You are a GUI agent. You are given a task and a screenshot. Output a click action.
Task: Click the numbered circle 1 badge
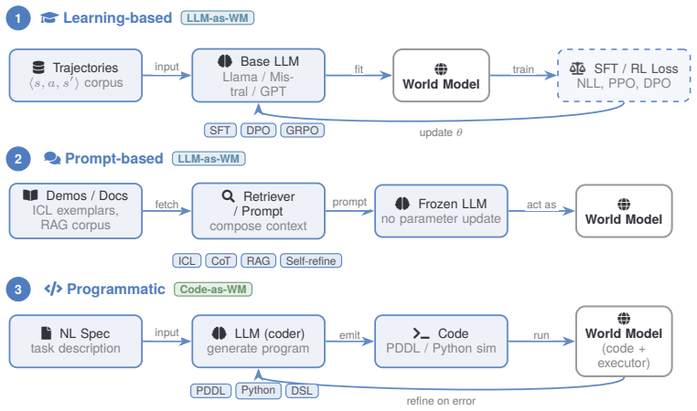[18, 18]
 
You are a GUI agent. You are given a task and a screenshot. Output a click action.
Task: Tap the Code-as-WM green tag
[213, 290]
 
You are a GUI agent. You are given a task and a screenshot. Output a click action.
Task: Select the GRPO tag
[302, 131]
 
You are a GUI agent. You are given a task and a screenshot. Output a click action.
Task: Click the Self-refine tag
[311, 261]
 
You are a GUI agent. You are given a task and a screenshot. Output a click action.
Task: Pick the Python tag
[258, 391]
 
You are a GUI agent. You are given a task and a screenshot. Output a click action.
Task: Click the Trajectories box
[76, 76]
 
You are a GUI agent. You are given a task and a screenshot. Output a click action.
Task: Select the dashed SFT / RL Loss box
[624, 76]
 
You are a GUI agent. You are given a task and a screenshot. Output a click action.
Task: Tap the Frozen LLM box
[441, 211]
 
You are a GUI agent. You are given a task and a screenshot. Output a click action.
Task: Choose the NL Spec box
[76, 342]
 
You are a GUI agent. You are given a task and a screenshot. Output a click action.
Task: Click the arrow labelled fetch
[166, 211]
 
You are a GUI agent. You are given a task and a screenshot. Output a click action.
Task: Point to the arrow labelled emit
[349, 342]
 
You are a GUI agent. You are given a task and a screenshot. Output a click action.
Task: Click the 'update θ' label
[441, 132]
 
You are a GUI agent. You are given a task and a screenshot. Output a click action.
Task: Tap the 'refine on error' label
[441, 401]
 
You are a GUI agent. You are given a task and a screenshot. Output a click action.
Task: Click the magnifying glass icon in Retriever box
[228, 196]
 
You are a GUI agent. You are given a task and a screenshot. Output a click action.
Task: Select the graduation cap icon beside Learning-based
[49, 17]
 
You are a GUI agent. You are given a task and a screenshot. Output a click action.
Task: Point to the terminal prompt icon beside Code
[421, 333]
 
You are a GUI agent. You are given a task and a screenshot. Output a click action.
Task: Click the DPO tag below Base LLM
[258, 131]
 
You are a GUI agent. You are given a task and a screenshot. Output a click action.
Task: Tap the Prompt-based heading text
[114, 158]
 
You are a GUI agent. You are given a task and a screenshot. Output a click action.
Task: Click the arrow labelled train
[523, 76]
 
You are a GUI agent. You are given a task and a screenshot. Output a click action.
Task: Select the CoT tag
[221, 261]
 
